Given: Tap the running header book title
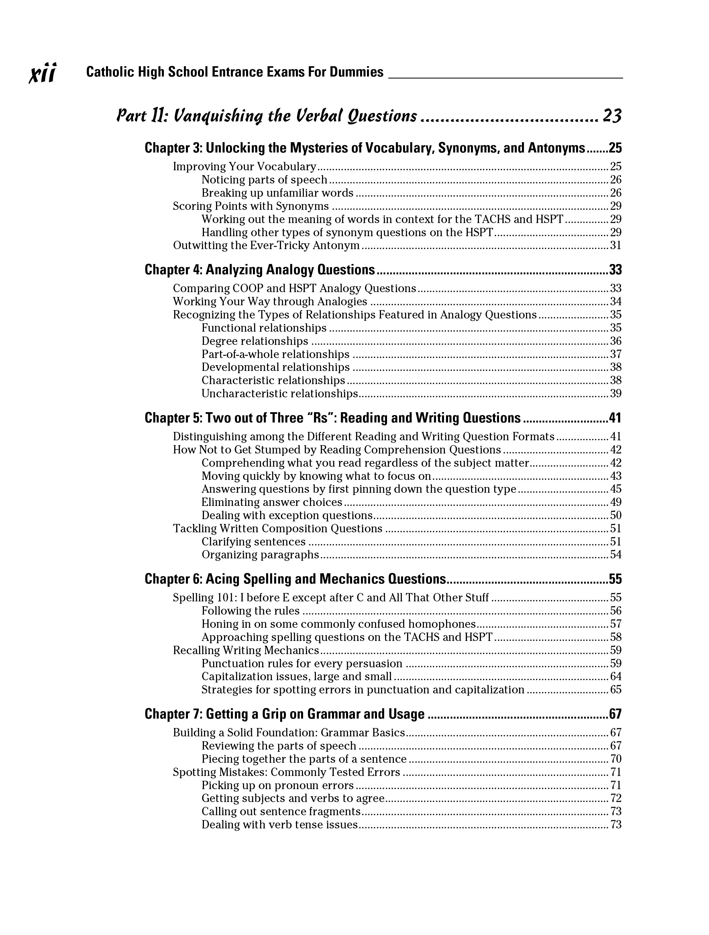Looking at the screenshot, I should (235, 72).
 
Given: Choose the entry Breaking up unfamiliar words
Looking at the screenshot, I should (277, 193).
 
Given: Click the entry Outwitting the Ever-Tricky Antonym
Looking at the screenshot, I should (266, 246).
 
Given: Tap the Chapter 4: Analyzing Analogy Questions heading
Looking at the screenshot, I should (260, 270).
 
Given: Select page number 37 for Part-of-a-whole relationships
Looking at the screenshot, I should (616, 354).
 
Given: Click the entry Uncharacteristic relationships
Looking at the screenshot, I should (280, 394).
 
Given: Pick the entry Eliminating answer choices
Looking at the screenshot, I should (272, 502).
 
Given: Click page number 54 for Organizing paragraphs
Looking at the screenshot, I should (616, 555).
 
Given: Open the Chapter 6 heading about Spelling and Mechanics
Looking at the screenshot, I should (295, 579).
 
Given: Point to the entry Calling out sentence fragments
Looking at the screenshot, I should (281, 811).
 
